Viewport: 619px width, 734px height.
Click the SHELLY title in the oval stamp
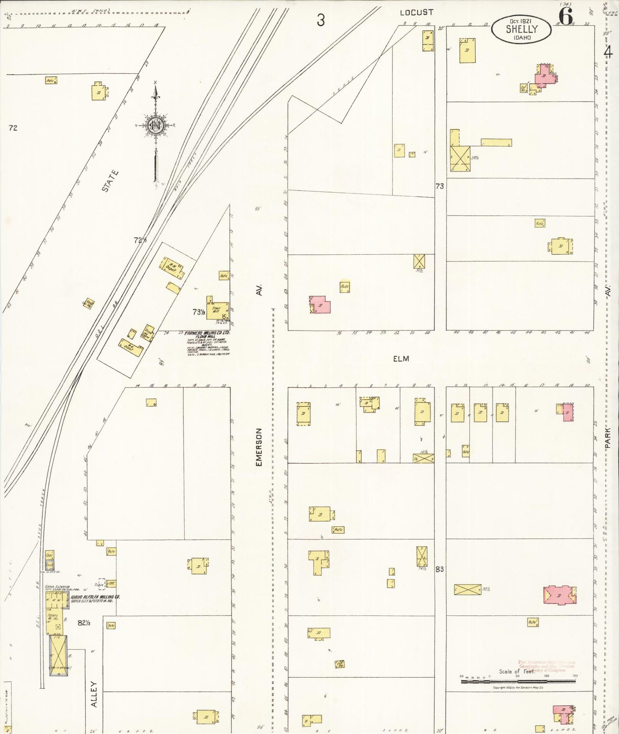(521, 29)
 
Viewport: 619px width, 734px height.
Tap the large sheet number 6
(566, 17)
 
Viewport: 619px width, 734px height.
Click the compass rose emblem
(155, 125)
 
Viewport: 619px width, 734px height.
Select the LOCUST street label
(416, 12)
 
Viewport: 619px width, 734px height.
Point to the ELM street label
(401, 358)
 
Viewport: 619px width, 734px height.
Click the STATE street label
(110, 181)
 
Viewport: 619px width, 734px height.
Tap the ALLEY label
(94, 694)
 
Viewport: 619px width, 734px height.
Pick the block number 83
(440, 569)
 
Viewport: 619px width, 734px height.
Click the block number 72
(13, 128)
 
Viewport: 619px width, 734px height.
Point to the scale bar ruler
(517, 680)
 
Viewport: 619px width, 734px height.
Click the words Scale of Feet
(516, 671)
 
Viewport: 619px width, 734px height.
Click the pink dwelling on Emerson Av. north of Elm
(320, 304)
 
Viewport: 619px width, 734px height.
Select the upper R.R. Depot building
(173, 268)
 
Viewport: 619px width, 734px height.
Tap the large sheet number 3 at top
(320, 20)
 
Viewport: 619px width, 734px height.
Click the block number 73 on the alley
(440, 186)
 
